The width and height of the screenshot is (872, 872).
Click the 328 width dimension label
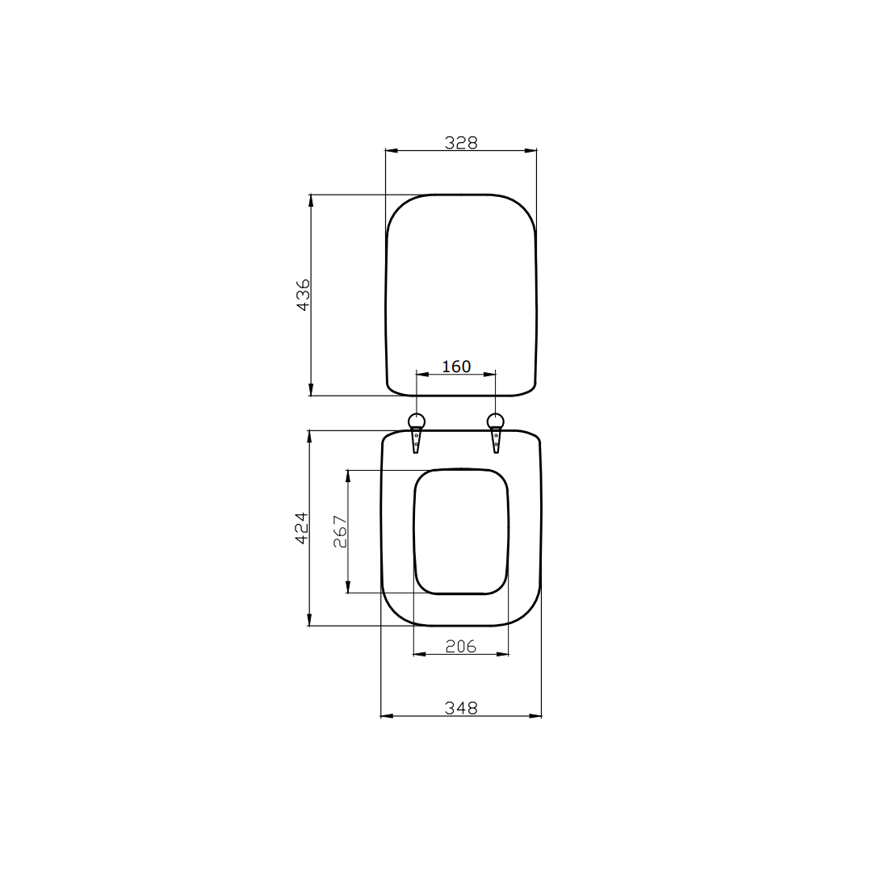[x=461, y=142]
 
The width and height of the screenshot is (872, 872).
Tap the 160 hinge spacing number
[x=456, y=367]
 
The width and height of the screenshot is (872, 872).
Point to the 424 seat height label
[x=300, y=528]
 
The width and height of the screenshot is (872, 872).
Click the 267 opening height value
[x=341, y=532]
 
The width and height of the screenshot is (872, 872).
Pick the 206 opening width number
[x=461, y=646]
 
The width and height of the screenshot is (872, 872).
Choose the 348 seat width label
[x=461, y=708]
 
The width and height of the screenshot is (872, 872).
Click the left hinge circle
[x=417, y=421]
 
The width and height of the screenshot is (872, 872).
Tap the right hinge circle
[x=496, y=421]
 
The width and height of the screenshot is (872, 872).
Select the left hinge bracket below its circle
[x=417, y=441]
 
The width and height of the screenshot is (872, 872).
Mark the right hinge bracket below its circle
[x=496, y=441]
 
